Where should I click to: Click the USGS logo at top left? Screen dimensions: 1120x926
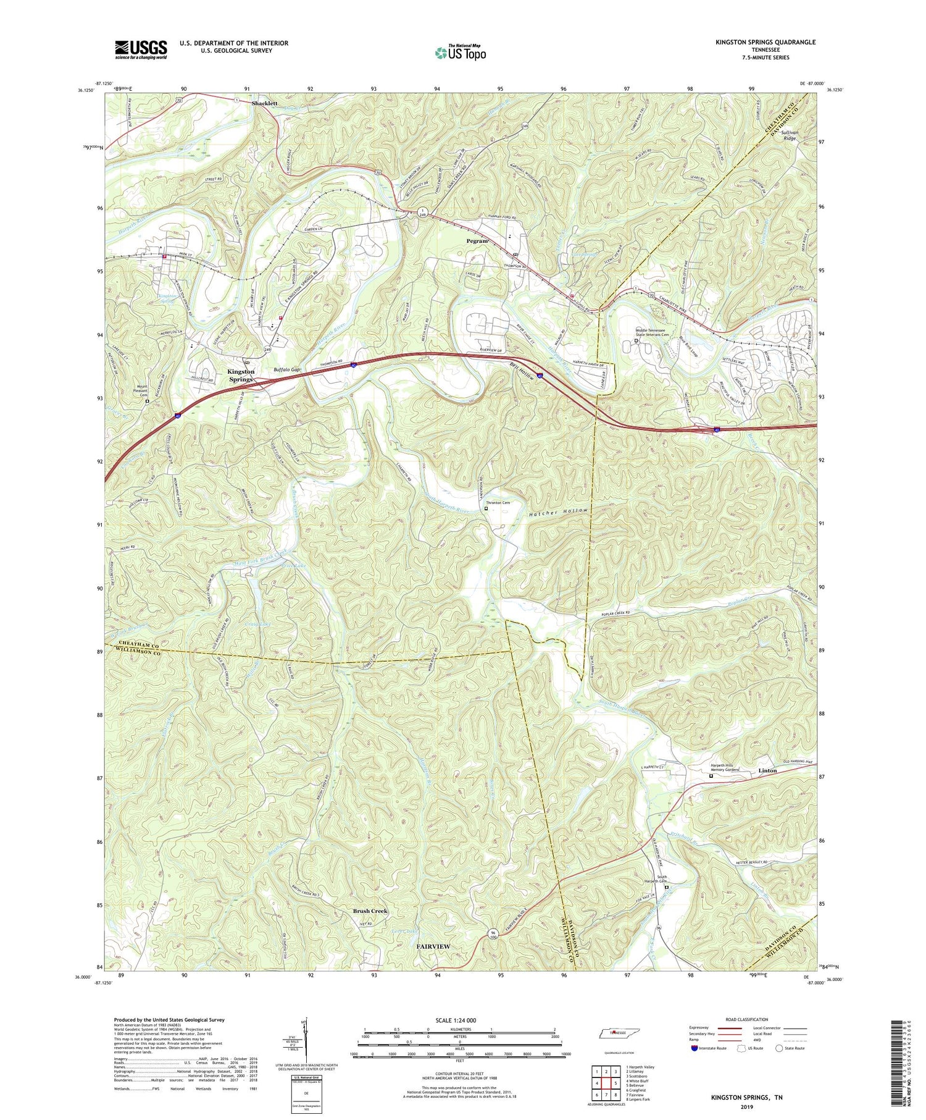pyautogui.click(x=141, y=49)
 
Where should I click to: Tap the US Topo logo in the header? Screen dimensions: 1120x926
pyautogui.click(x=460, y=53)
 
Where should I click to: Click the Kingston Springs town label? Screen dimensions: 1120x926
pyautogui.click(x=241, y=375)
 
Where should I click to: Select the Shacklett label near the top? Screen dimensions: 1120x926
pyautogui.click(x=264, y=103)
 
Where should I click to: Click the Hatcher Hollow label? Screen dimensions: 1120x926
pyautogui.click(x=557, y=512)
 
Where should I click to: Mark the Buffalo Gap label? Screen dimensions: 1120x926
pyautogui.click(x=287, y=369)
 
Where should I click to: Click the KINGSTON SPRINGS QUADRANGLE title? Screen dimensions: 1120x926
pyautogui.click(x=756, y=42)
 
